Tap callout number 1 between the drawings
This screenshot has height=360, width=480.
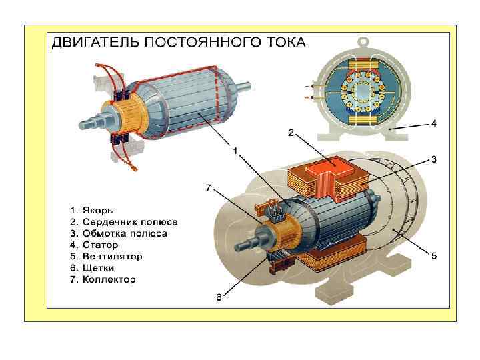click(x=234, y=151)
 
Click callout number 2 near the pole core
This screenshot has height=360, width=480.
click(x=291, y=133)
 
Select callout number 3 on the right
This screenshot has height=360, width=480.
click(x=433, y=159)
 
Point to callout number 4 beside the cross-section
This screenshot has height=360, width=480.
click(x=433, y=123)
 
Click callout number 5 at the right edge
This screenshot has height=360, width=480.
click(x=433, y=255)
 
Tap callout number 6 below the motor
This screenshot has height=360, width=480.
click(x=218, y=298)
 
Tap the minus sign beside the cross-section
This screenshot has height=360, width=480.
click(x=307, y=86)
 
